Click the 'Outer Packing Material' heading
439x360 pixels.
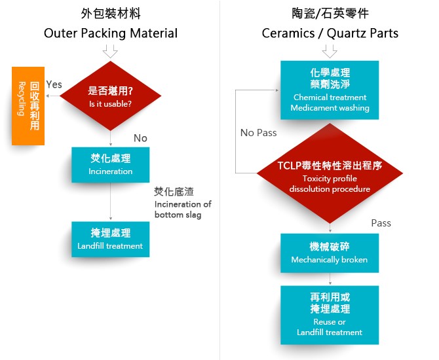[111, 33]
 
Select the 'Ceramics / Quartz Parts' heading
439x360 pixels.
[330, 33]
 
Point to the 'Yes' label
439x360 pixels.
[54, 84]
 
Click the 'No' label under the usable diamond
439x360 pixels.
[140, 138]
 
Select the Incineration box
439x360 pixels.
[111, 165]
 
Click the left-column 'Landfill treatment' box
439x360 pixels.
[111, 239]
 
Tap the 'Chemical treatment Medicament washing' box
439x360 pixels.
[330, 90]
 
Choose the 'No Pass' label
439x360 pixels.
[258, 133]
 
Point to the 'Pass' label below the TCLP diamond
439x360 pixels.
[381, 223]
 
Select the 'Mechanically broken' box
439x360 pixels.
[330, 253]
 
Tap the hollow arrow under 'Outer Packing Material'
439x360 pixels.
[110, 50]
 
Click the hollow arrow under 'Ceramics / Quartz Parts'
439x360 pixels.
[330, 50]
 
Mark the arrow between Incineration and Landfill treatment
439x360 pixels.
[111, 202]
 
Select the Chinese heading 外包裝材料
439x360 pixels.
[111, 13]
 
